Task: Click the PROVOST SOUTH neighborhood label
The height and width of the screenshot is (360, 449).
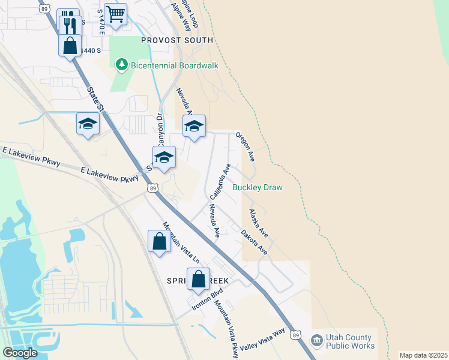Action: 177,40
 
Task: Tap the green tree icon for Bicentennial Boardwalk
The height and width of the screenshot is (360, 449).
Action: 122,64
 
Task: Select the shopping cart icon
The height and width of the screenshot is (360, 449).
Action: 115,13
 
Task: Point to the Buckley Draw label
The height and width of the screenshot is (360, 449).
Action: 257,187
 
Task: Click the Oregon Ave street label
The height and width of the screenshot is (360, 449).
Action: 246,146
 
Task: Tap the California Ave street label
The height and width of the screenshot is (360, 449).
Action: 220,181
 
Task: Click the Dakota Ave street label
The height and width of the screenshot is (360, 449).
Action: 254,242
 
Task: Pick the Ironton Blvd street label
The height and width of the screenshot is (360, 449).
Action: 207,299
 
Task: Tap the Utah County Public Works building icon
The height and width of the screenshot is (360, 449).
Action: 316,341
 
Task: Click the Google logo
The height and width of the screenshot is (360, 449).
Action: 19,352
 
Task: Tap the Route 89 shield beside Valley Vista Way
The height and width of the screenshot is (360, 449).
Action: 295,334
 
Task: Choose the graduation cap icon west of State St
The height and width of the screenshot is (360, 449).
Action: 88,124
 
